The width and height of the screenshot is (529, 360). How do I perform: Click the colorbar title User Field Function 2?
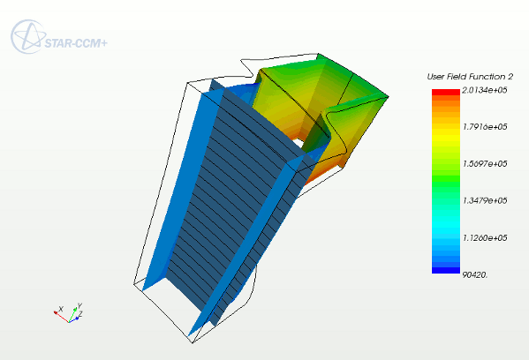pos(470,77)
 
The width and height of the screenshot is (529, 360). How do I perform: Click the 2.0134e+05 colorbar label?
pos(485,90)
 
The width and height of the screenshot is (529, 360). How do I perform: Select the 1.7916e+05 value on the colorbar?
pos(485,127)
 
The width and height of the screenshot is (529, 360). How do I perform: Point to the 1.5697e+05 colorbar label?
pos(485,164)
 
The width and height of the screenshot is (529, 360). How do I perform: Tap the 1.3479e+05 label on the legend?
pos(485,200)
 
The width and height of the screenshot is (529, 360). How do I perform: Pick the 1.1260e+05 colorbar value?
pos(485,238)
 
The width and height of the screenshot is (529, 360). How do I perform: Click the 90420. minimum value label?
pos(475,275)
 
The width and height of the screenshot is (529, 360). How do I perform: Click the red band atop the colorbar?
pos(446,92)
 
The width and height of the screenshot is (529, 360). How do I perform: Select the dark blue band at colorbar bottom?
pos(446,270)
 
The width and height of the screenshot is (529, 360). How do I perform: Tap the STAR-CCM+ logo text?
pos(76,43)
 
